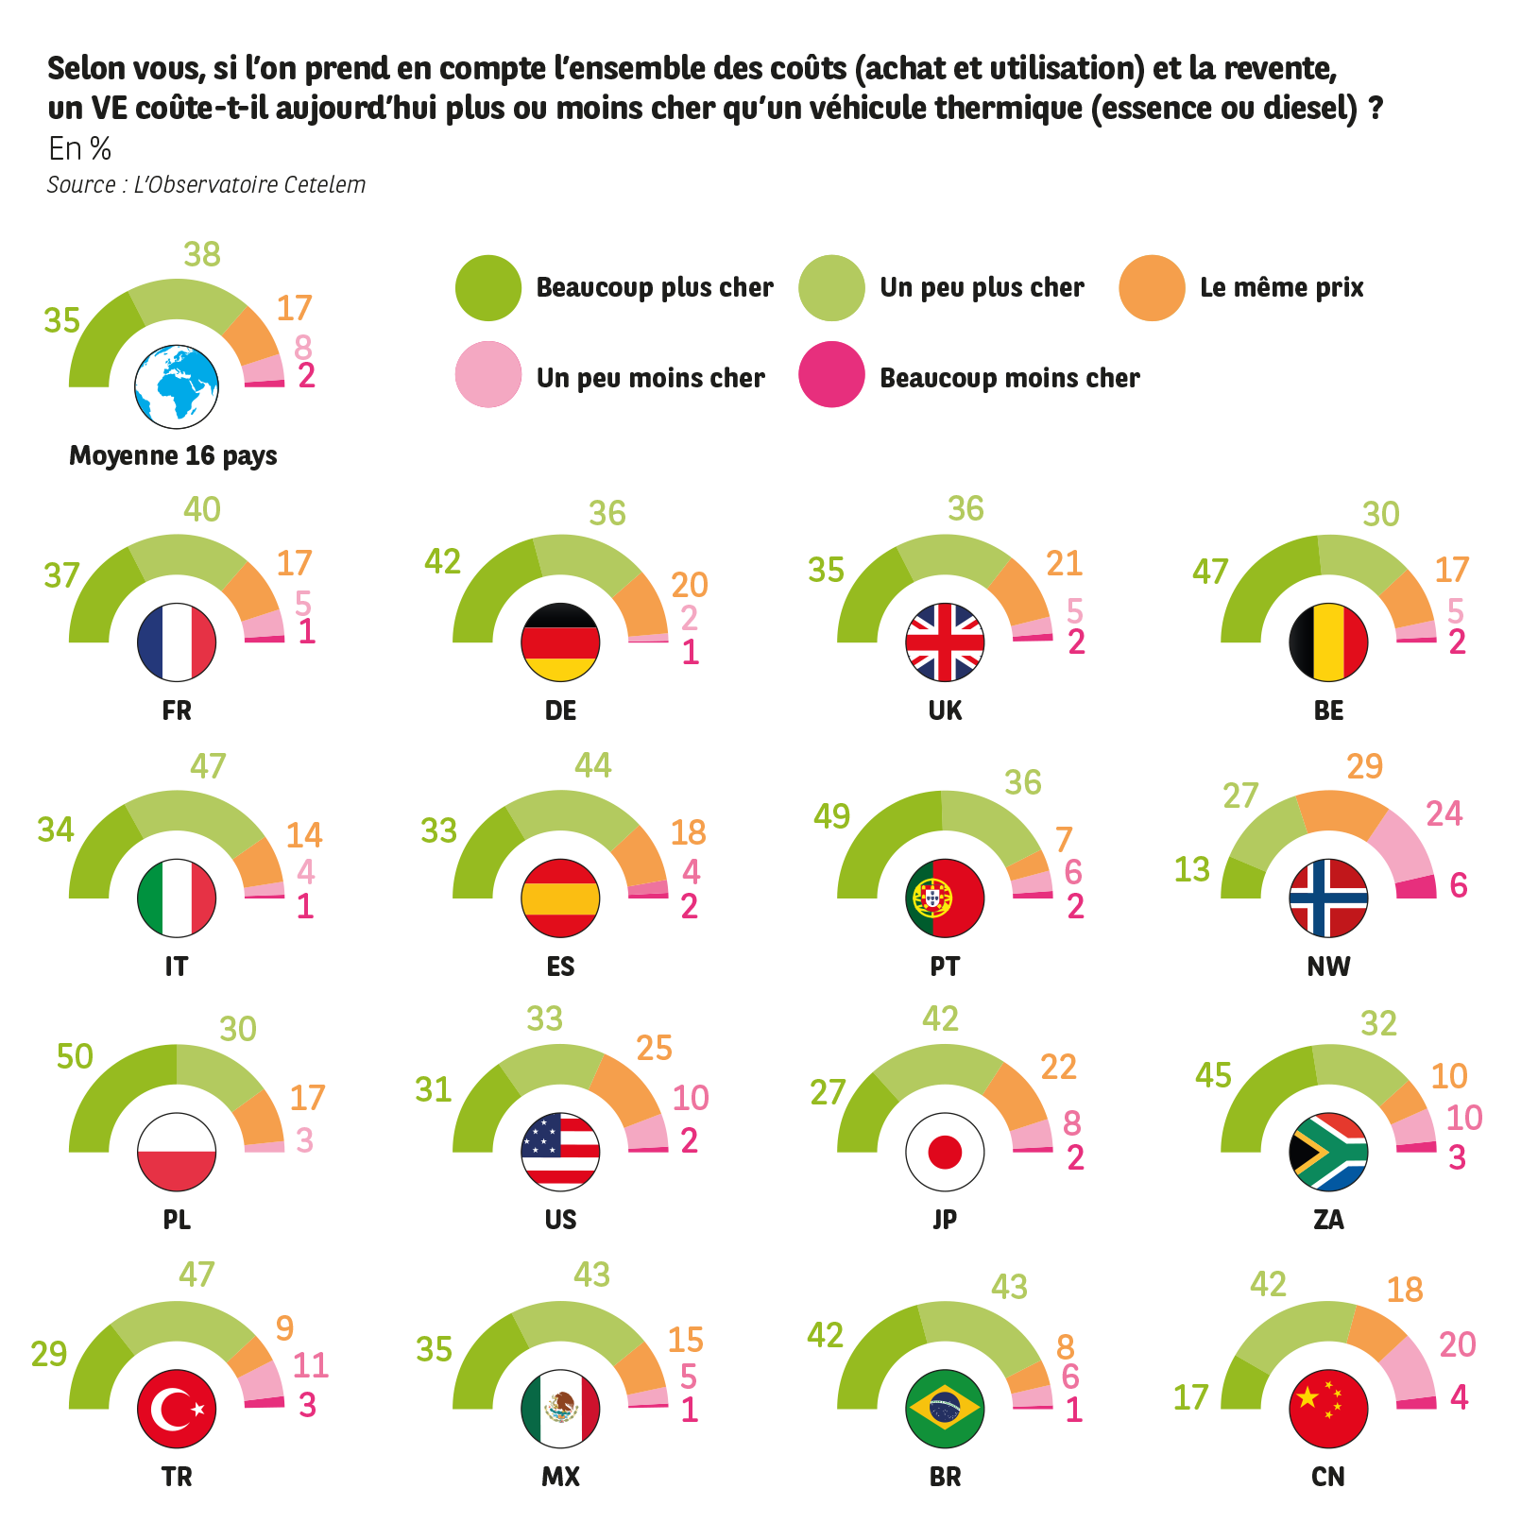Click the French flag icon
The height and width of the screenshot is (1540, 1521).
click(177, 642)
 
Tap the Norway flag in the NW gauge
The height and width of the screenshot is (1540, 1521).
click(1328, 898)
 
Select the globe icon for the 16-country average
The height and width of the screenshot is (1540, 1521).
click(177, 387)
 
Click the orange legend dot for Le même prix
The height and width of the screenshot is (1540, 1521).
click(1152, 287)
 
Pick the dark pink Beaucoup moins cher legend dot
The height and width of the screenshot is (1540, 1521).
click(831, 375)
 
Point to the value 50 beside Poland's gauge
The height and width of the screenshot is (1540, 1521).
click(75, 1056)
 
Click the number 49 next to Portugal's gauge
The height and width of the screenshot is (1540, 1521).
click(831, 816)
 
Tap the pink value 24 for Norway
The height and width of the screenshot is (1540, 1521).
click(1444, 813)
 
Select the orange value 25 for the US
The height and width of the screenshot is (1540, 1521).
click(654, 1048)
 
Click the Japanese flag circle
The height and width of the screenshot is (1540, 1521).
click(945, 1153)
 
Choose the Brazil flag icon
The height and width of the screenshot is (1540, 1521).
click(945, 1409)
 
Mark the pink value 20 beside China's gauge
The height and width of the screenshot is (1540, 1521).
click(1457, 1344)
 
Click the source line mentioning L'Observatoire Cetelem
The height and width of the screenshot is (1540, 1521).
click(206, 185)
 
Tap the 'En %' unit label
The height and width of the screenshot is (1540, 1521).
click(80, 148)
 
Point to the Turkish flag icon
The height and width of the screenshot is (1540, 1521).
click(177, 1409)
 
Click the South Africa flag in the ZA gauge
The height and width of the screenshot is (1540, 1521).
click(1328, 1153)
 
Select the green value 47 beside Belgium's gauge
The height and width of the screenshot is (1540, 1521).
click(1210, 572)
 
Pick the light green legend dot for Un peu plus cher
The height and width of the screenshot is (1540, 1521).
click(831, 287)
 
